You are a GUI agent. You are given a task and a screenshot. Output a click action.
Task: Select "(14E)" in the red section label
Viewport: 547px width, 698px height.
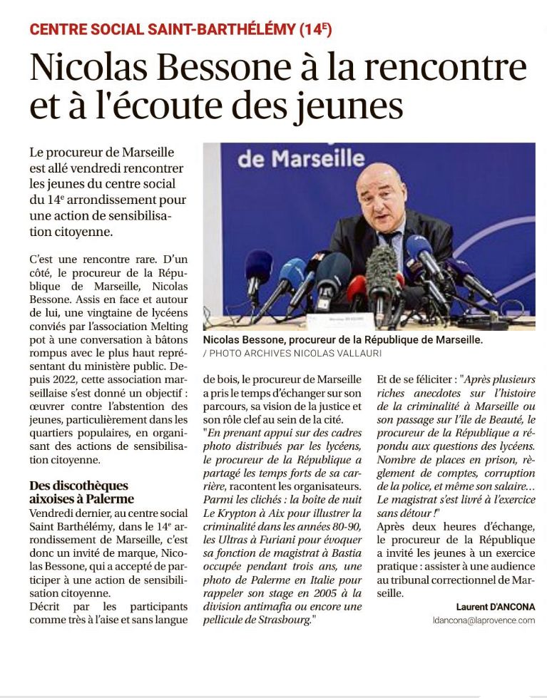pyautogui.click(x=315, y=29)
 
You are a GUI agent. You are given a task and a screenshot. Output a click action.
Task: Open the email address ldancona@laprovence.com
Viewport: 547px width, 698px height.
pyautogui.click(x=484, y=620)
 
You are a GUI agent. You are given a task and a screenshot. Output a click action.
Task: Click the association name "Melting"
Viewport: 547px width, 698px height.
pyautogui.click(x=168, y=327)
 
